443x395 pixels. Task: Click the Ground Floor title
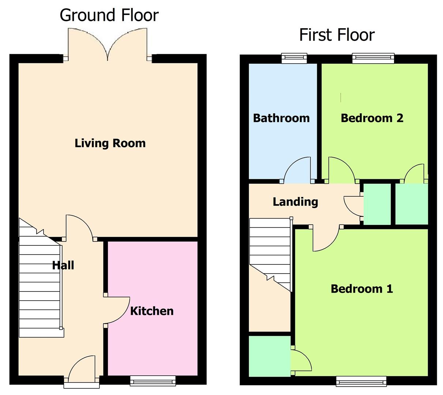pyautogui.click(x=109, y=16)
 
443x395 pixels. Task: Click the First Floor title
pyautogui.click(x=337, y=35)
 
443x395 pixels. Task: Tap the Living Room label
pyautogui.click(x=110, y=143)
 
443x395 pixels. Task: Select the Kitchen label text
pyautogui.click(x=152, y=311)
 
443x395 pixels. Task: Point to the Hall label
pyautogui.click(x=63, y=265)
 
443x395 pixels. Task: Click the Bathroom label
pyautogui.click(x=281, y=118)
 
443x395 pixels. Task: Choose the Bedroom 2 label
pyautogui.click(x=372, y=118)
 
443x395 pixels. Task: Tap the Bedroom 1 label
pyautogui.click(x=361, y=289)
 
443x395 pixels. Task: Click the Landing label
pyautogui.click(x=295, y=202)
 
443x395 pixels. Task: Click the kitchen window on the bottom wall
pyautogui.click(x=153, y=381)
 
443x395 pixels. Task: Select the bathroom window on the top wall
pyautogui.click(x=294, y=58)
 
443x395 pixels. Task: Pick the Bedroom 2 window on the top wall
pyautogui.click(x=373, y=58)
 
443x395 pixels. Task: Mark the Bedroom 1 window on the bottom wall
pyautogui.click(x=361, y=381)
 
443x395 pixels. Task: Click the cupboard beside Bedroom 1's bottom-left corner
pyautogui.click(x=270, y=356)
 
